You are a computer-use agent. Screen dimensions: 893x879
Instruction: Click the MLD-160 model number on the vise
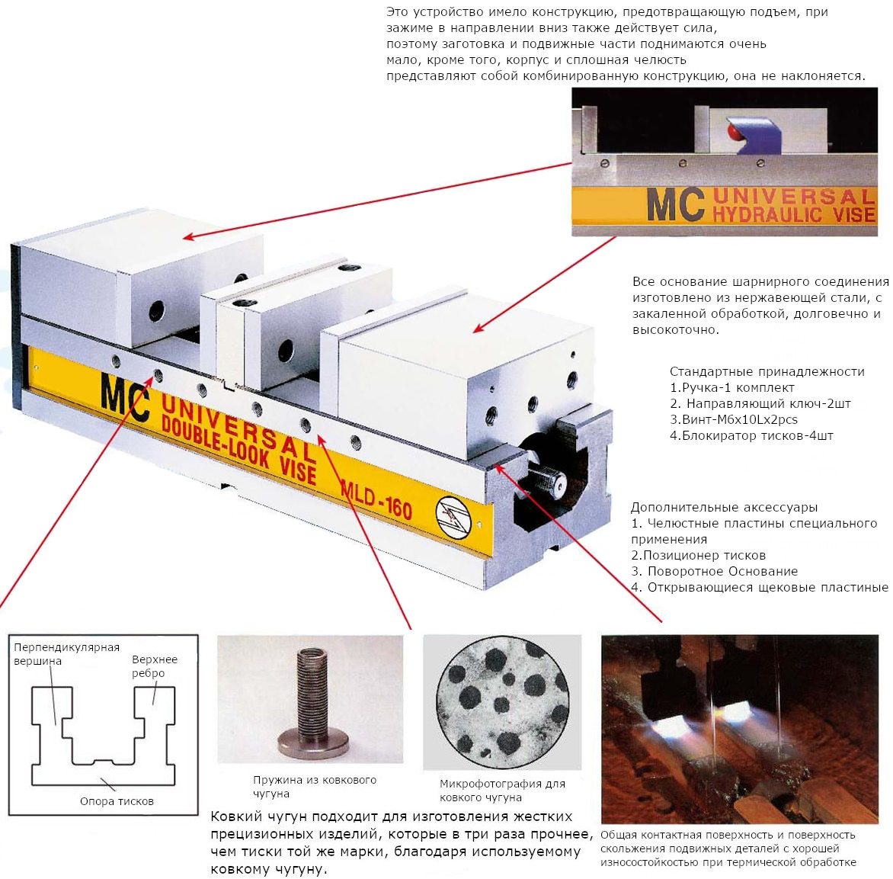[376, 499]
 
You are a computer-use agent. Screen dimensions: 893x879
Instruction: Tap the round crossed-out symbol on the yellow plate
[454, 517]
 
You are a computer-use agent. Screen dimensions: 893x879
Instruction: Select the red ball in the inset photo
[734, 132]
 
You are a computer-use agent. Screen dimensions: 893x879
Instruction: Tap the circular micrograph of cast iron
[502, 701]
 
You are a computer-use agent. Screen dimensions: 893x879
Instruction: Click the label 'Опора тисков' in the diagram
[117, 801]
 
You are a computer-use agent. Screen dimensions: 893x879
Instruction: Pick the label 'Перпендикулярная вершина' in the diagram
[66, 654]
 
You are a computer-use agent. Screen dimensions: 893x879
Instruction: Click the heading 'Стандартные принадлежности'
[767, 371]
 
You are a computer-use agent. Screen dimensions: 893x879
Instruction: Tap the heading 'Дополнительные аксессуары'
[724, 507]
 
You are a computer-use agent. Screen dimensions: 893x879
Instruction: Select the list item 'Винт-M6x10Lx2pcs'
[734, 419]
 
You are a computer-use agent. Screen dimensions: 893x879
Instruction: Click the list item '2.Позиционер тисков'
[698, 555]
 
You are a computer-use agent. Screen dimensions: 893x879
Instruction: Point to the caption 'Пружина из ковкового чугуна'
[315, 787]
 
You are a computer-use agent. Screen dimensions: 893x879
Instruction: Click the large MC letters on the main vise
[125, 398]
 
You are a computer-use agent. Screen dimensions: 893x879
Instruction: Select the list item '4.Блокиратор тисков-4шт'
[751, 435]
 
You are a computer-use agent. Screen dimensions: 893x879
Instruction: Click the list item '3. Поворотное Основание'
[714, 571]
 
